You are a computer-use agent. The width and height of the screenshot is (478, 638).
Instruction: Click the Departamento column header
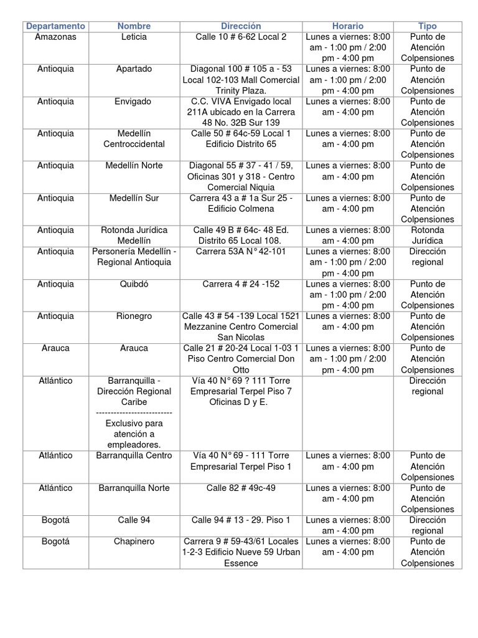(55, 26)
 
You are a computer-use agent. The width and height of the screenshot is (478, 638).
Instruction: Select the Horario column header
(347, 26)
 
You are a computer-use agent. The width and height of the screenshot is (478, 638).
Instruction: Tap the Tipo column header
(427, 26)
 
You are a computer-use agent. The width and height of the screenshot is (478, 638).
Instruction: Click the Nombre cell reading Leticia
(134, 37)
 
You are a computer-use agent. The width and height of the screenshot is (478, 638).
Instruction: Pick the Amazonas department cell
(55, 37)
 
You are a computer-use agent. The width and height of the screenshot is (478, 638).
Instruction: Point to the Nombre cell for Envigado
(134, 102)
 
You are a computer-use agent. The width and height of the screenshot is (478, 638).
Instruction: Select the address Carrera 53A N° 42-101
(241, 252)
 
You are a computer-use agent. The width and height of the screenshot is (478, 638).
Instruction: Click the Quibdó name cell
(134, 284)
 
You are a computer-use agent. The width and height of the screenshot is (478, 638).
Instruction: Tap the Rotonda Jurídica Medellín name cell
(134, 236)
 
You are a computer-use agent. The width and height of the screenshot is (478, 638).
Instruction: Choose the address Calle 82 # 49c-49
(241, 488)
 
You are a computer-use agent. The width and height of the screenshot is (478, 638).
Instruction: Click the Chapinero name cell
(134, 542)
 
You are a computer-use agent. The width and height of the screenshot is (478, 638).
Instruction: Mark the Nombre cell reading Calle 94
(134, 520)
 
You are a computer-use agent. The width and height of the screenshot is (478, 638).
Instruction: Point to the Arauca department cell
(55, 348)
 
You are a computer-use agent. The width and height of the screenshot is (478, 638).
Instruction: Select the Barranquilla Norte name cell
(134, 488)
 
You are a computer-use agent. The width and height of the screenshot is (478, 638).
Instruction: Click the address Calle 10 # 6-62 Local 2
(241, 37)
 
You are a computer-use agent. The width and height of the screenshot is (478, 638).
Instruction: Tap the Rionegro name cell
(134, 317)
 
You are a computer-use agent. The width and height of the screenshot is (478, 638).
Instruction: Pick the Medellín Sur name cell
(134, 198)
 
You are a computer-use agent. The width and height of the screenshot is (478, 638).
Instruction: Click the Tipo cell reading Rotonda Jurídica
(427, 236)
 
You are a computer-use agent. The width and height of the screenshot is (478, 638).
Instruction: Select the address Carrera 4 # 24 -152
(241, 284)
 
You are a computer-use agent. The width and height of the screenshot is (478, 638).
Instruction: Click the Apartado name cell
(134, 69)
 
